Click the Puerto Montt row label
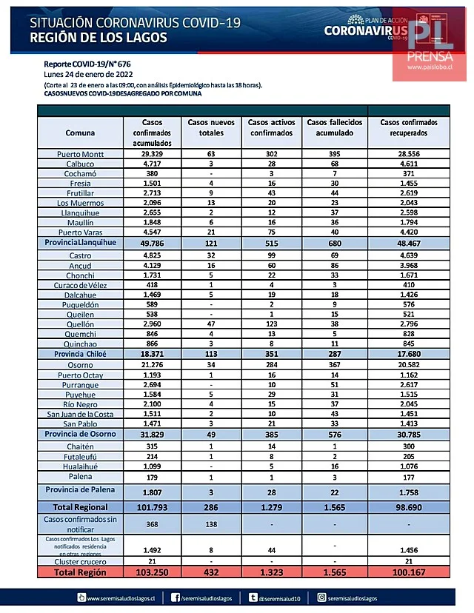(81, 154)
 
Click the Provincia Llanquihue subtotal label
(81, 243)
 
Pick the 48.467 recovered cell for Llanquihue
(410, 243)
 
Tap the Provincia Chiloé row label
(81, 355)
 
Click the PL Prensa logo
(437, 44)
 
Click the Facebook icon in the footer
(176, 597)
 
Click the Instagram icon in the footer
(322, 597)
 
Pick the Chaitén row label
(81, 447)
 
